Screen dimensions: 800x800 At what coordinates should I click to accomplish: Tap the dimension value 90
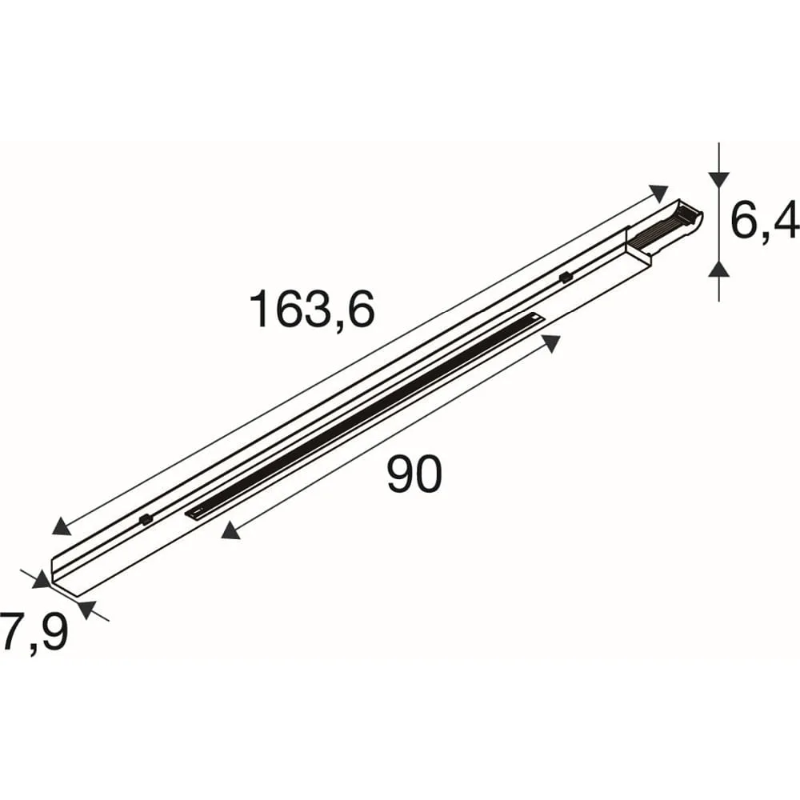click(414, 474)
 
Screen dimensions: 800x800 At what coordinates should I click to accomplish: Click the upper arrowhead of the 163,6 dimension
click(658, 192)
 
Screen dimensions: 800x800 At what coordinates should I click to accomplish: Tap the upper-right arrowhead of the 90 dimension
click(550, 343)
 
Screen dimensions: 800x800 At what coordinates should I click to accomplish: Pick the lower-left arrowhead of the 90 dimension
click(230, 530)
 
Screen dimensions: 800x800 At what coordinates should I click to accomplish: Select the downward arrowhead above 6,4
click(718, 179)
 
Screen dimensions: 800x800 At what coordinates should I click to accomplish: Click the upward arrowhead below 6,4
click(718, 270)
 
